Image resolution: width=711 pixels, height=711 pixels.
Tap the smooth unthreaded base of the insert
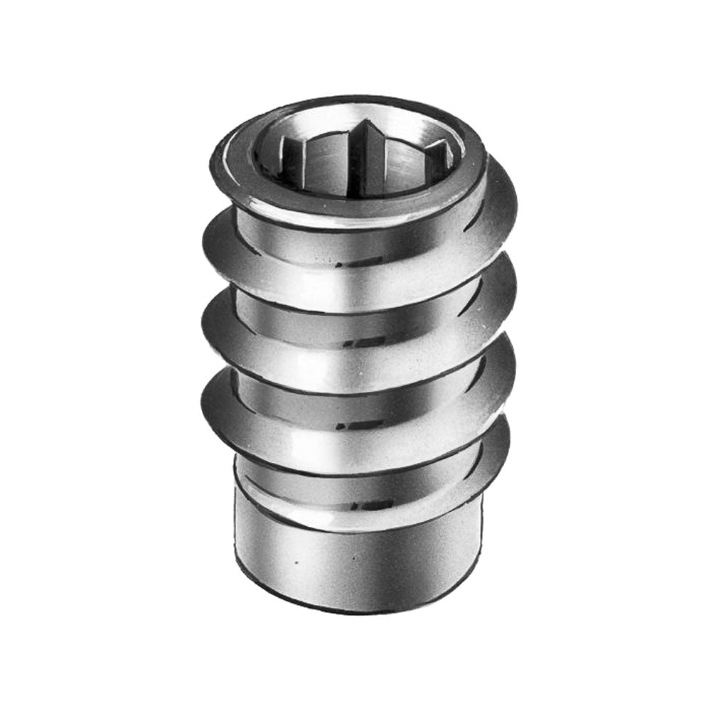[355, 562]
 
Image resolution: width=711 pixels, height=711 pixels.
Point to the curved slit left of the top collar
[226, 213]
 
